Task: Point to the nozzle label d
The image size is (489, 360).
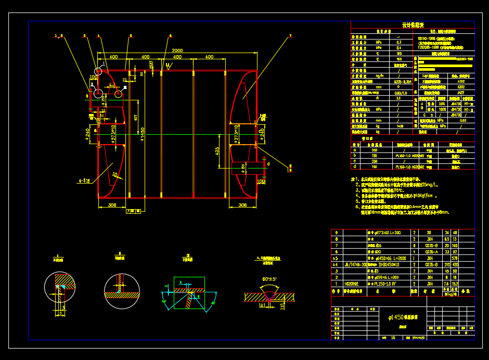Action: coord(268,164)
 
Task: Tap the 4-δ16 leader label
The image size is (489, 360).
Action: coord(84,181)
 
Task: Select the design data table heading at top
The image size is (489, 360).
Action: coord(413,25)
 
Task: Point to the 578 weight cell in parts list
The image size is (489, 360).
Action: coord(456,258)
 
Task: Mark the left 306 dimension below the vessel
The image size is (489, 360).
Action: coord(112,205)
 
